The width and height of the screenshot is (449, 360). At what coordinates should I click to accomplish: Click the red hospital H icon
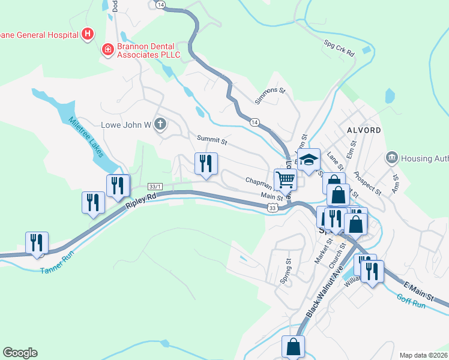pyautogui.click(x=88, y=34)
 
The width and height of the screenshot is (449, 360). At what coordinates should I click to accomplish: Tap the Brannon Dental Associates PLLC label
pyautogui.click(x=145, y=49)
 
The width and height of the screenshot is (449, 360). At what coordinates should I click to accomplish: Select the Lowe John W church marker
pyautogui.click(x=160, y=124)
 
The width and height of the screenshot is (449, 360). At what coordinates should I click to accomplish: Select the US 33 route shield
pyautogui.click(x=273, y=208)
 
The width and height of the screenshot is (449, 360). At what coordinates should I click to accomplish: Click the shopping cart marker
pyautogui.click(x=285, y=179)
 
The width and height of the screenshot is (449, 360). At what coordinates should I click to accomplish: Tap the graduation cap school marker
pyautogui.click(x=309, y=160)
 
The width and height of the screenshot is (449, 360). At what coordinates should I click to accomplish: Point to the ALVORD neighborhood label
pyautogui.click(x=364, y=130)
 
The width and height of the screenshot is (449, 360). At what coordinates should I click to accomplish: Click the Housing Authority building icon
pyautogui.click(x=391, y=157)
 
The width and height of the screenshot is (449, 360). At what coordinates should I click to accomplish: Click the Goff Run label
pyautogui.click(x=411, y=300)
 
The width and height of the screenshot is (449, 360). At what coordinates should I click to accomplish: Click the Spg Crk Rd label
pyautogui.click(x=339, y=49)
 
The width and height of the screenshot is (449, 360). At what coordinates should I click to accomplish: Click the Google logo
pyautogui.click(x=20, y=353)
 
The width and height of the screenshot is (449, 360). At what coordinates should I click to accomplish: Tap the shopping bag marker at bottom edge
pyautogui.click(x=294, y=346)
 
